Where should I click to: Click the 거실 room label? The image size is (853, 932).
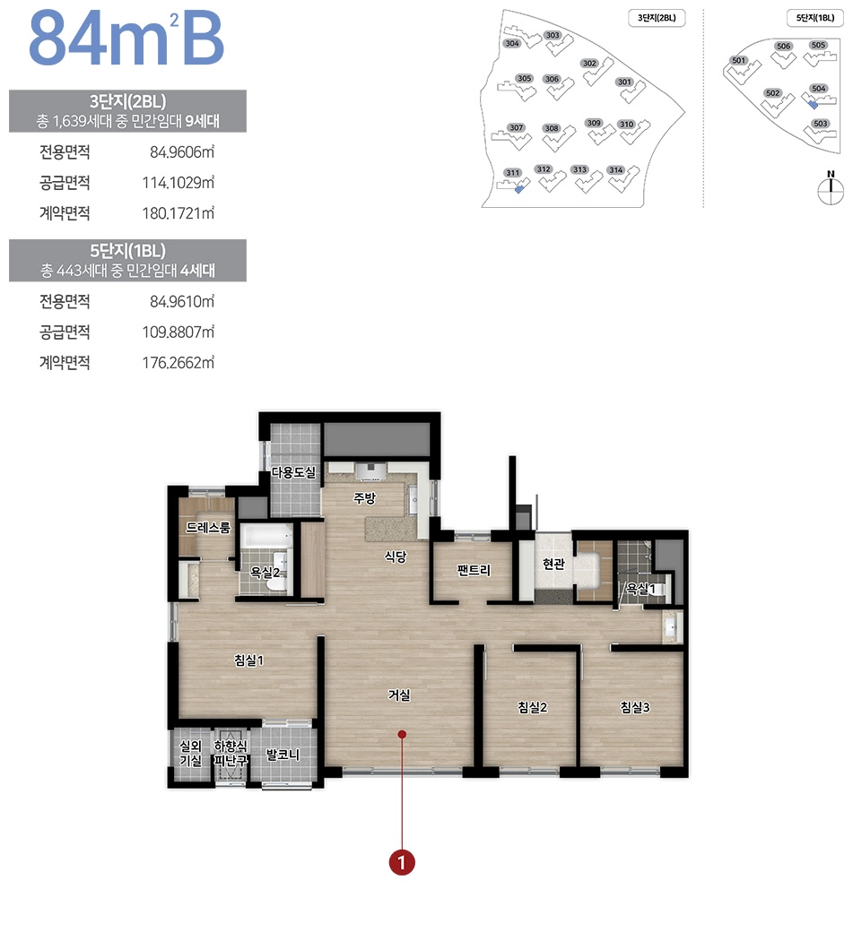[399, 695]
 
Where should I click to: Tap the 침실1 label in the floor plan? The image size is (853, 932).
[248, 660]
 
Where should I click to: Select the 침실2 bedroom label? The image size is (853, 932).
[532, 707]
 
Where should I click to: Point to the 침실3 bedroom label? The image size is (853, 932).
[634, 707]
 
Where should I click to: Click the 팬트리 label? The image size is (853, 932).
[473, 570]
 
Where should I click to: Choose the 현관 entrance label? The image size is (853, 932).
[553, 564]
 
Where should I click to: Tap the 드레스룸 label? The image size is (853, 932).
[208, 528]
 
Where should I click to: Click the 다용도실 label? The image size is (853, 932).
[293, 472]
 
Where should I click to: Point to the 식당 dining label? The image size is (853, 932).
[396, 557]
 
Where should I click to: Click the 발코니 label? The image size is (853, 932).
[283, 755]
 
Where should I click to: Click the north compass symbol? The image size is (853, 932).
[831, 186]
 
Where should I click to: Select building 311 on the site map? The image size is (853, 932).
[512, 172]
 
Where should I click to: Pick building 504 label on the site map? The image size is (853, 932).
[817, 89]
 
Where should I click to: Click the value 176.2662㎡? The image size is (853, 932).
[182, 363]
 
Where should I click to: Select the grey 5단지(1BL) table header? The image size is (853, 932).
[127, 259]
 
